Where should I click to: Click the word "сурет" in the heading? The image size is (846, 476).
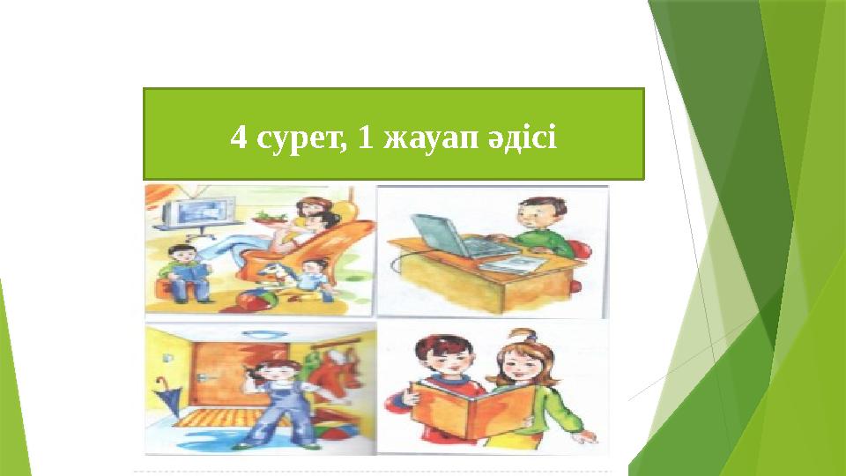(x=297, y=138)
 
